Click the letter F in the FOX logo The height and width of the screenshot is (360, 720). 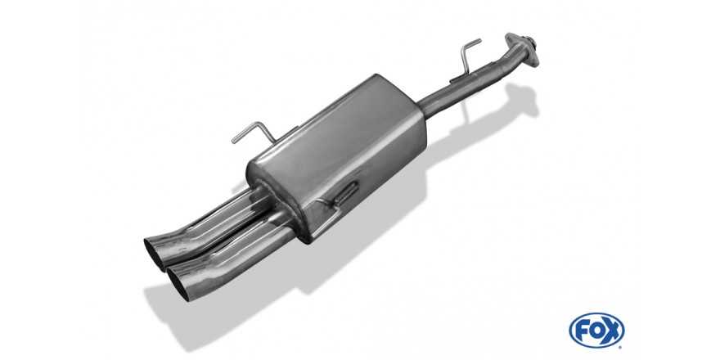pos(583,331)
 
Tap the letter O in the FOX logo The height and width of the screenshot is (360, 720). pos(596,331)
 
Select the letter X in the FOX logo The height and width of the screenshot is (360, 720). pos(611,331)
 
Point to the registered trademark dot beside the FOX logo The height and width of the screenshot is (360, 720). pos(620,347)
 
